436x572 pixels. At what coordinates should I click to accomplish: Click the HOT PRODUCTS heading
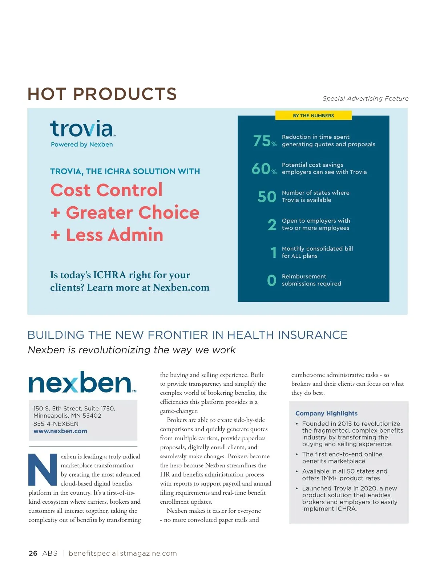pos(102,94)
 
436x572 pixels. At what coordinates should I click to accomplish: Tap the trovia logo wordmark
pos(82,129)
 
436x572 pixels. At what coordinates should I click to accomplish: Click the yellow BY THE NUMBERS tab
pos(313,115)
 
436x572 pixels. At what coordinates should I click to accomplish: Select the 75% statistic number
pos(265,141)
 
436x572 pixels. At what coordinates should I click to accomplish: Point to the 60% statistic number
pos(264,169)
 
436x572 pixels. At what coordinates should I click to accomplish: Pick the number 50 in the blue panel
pos(267,197)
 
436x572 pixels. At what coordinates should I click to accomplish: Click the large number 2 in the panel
pos(272,225)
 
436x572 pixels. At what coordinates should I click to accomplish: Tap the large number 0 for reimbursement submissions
pos(271,280)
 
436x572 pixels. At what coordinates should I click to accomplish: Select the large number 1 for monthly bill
pos(273,252)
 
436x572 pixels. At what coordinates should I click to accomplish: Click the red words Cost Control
pos(106,190)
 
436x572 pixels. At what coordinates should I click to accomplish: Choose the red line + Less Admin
pos(107,235)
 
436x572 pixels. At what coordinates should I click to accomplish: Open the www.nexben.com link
pos(60,431)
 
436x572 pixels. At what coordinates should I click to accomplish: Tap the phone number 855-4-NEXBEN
pos(56,423)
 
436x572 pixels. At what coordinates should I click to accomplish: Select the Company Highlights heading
pos(326,413)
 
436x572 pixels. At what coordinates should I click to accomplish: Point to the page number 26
pos(33,553)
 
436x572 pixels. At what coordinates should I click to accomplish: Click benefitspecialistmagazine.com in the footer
pos(122,553)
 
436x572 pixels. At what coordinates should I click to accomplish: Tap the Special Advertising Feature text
pos(366,98)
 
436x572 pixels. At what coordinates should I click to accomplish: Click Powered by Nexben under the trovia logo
pos(82,144)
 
